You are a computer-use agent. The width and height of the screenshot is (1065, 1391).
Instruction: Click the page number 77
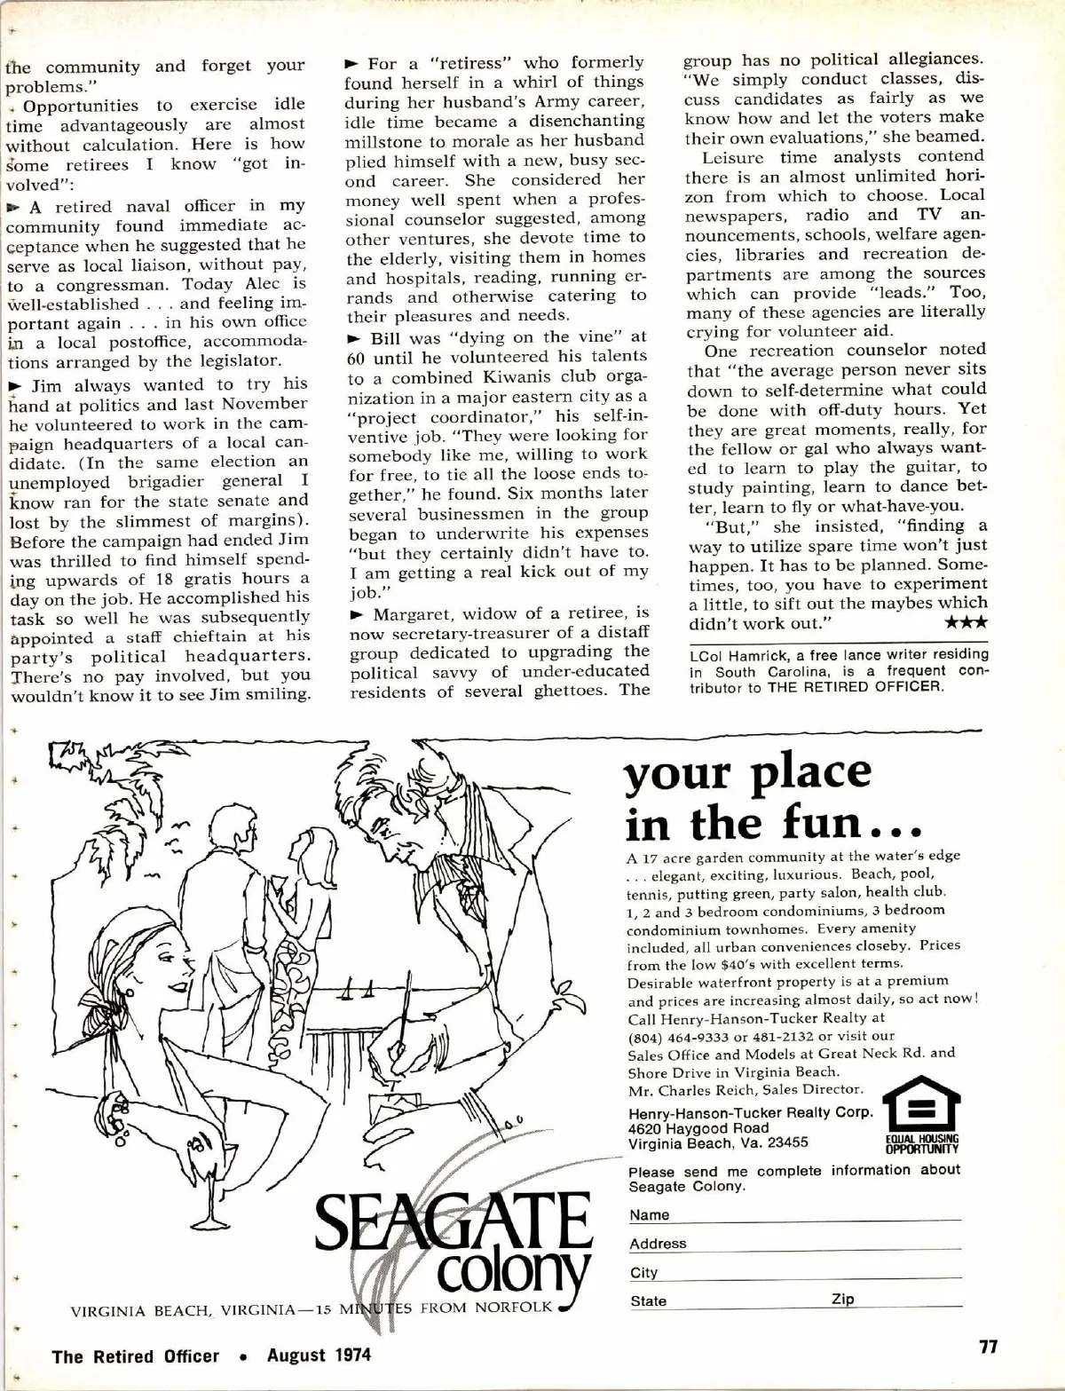coord(988,1347)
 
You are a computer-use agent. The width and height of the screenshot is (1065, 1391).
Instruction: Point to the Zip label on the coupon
coord(843,1299)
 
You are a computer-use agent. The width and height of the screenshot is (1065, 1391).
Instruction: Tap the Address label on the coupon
coord(658,1244)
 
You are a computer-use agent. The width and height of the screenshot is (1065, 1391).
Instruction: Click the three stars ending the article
coord(966,623)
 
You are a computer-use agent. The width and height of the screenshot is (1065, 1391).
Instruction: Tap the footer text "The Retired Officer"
coord(135,1355)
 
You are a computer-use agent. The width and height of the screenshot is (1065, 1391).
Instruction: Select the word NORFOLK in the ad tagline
coord(515,1307)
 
